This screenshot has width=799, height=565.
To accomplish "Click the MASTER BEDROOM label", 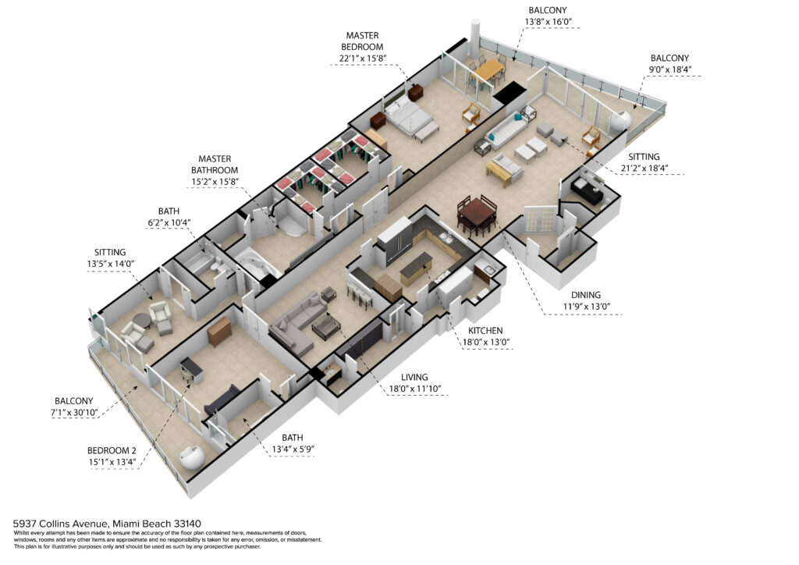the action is pyautogui.click(x=362, y=41).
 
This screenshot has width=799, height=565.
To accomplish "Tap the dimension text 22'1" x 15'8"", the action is pyautogui.click(x=363, y=58).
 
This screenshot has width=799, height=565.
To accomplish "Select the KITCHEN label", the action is pyautogui.click(x=485, y=331).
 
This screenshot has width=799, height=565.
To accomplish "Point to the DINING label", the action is pyautogui.click(x=585, y=295).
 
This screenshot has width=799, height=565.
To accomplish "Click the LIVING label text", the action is pyautogui.click(x=414, y=377).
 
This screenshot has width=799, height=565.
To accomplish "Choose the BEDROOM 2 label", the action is pyautogui.click(x=112, y=450).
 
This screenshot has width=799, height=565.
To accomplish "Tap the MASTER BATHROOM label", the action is pyautogui.click(x=215, y=165).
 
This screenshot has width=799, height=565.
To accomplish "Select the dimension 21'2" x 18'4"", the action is pyautogui.click(x=644, y=168).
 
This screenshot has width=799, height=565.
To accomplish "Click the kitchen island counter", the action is pyautogui.click(x=416, y=266).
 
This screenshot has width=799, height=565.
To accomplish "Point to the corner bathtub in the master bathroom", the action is pyautogui.click(x=259, y=260).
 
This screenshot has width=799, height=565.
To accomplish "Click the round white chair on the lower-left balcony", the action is pyautogui.click(x=194, y=457).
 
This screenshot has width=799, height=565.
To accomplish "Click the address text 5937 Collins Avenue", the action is pyautogui.click(x=60, y=523).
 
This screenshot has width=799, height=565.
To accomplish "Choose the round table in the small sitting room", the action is pyautogui.click(x=142, y=321).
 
